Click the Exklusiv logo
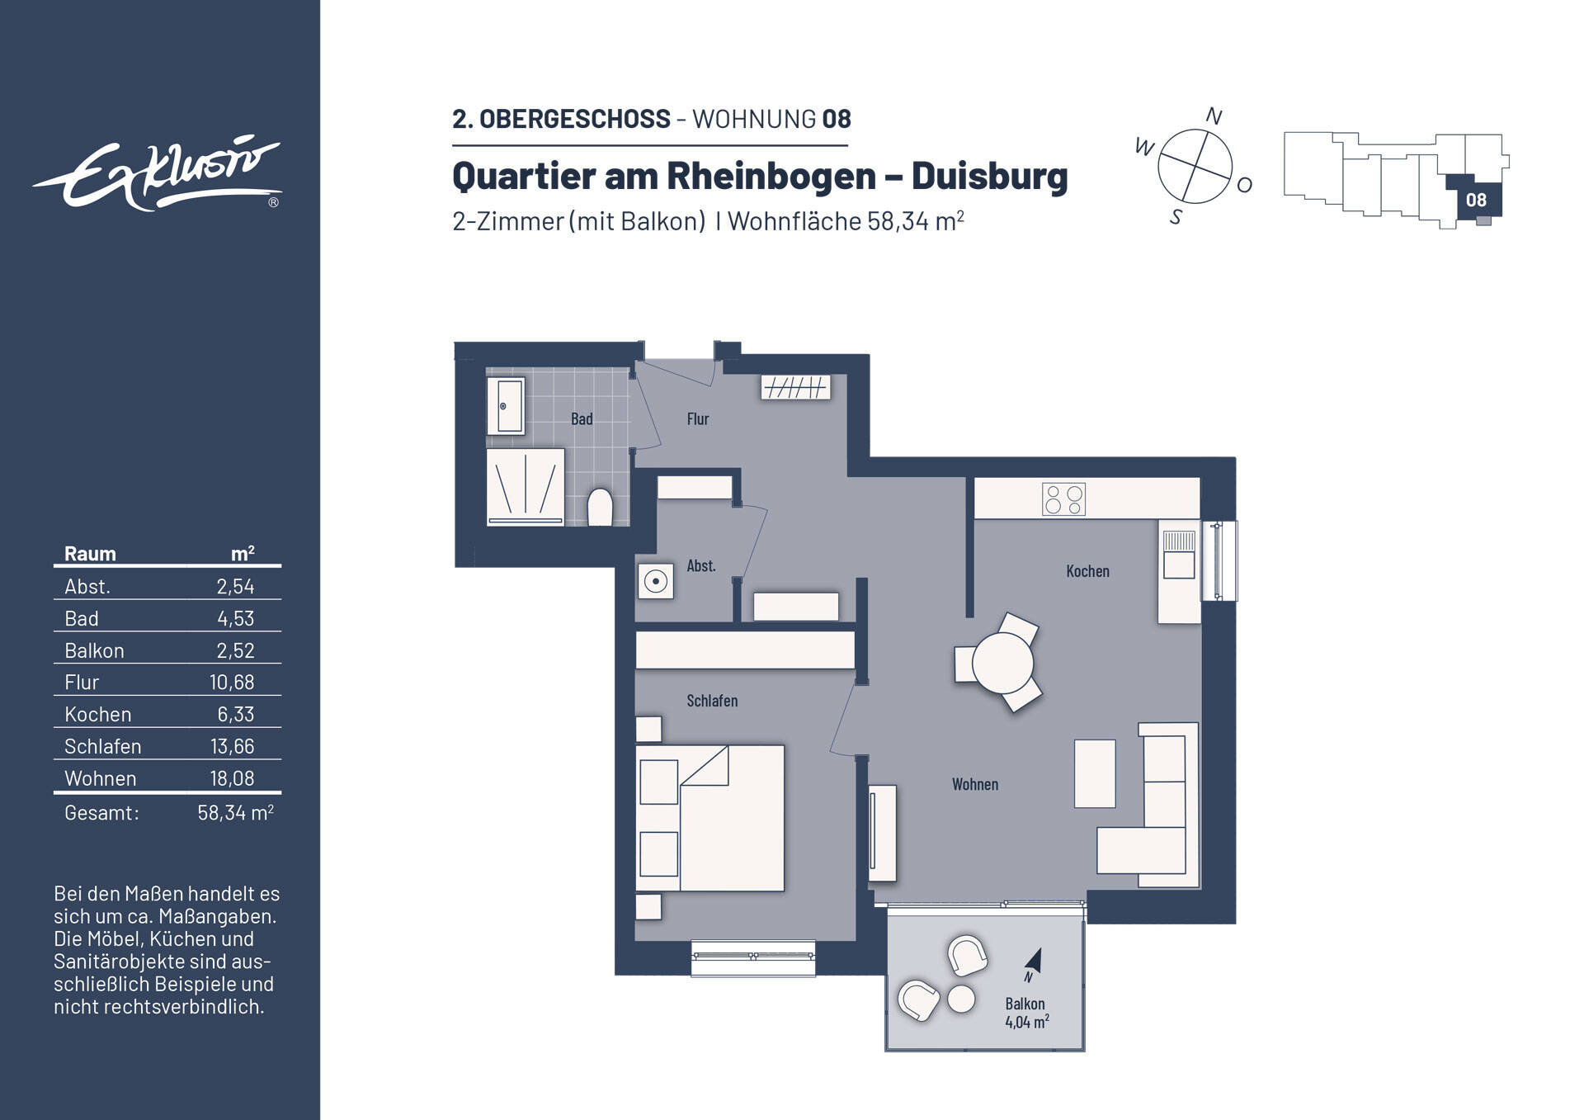pos(157,174)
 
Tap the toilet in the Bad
pos(600,508)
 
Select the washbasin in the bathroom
pos(505,405)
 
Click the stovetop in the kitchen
pos(1063,499)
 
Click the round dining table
pos(1002,663)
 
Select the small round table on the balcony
pos(961,999)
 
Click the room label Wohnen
pos(975,784)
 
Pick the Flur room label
pos(698,418)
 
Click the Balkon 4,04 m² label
pos(1025,1013)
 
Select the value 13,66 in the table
pos(232,746)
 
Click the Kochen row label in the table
pos(98,714)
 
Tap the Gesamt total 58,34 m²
pos(235,813)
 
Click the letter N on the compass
pos(1213,116)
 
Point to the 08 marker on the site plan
pos(1476,200)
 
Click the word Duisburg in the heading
pos(989,176)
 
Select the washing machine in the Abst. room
pos(656,582)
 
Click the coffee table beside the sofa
pos(1095,773)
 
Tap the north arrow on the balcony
pos(1034,962)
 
